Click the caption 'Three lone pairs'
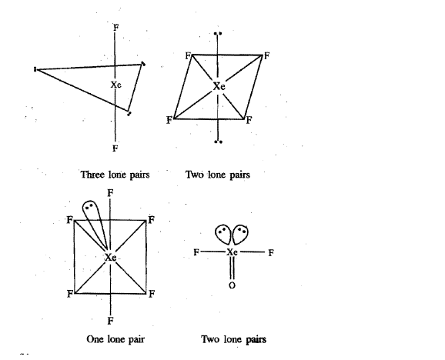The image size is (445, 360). [x=115, y=175]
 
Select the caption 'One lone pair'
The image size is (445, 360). [x=115, y=339]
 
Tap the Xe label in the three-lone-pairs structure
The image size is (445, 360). [x=115, y=85]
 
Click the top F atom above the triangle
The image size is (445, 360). [x=115, y=28]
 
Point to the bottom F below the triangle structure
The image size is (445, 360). [x=115, y=148]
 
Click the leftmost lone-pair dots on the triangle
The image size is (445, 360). [x=35, y=69]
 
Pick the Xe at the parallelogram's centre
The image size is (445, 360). [x=219, y=86]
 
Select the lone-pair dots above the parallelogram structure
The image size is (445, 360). [x=218, y=34]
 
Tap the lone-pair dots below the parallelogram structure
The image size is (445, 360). [x=218, y=142]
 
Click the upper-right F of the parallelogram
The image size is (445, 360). [x=266, y=56]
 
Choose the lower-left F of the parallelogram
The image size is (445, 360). [x=169, y=121]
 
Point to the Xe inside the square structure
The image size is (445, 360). [x=110, y=258]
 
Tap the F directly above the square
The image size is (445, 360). [x=110, y=193]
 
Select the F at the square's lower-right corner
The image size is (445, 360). [x=152, y=294]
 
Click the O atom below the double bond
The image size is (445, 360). [x=232, y=285]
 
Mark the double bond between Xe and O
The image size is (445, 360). [x=233, y=268]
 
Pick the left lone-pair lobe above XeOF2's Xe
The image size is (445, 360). [x=223, y=234]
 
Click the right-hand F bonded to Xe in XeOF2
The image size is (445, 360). [x=271, y=252]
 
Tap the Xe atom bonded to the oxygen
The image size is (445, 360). [x=232, y=252]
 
